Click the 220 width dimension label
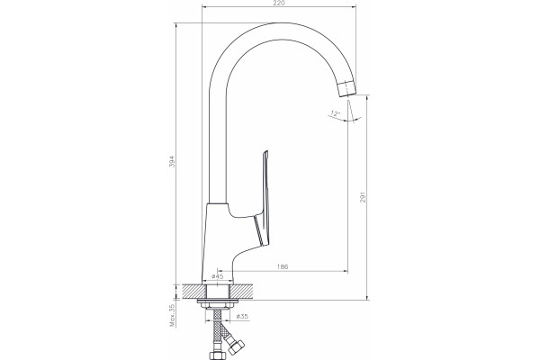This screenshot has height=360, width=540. pyautogui.click(x=279, y=3)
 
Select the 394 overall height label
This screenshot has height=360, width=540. pyautogui.click(x=172, y=162)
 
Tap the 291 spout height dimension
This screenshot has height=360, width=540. pyautogui.click(x=363, y=196)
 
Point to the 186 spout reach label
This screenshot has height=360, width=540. pyautogui.click(x=283, y=266)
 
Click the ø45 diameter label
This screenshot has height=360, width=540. pyautogui.click(x=217, y=276)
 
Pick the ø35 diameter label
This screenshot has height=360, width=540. pyautogui.click(x=242, y=316)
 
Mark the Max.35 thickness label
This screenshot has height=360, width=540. pyautogui.click(x=172, y=315)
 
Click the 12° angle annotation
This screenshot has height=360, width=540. pyautogui.click(x=335, y=112)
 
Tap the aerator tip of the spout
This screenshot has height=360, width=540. pyautogui.click(x=346, y=89)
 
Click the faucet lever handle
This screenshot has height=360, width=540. pyautogui.click(x=264, y=200)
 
